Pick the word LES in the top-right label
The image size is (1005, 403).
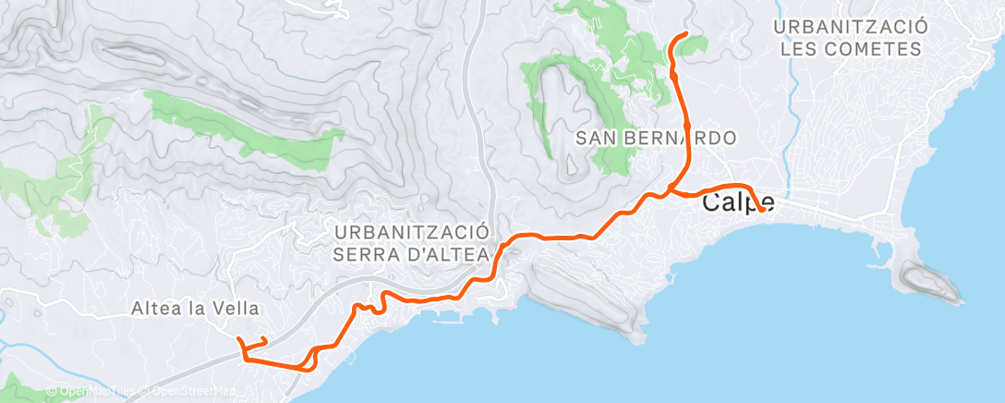point(801,48)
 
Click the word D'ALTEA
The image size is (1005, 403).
point(450,253)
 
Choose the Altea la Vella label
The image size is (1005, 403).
point(195,309)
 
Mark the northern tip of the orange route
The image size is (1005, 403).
point(686,34)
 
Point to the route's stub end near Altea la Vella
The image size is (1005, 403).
point(266,340)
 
